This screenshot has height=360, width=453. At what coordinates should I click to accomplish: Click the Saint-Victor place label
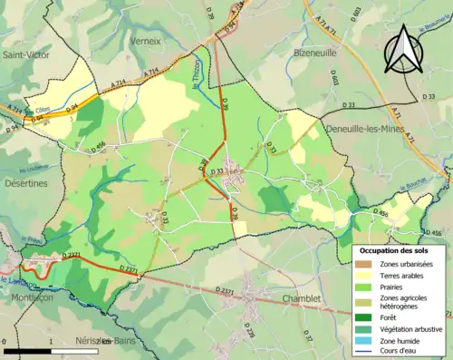tap(26, 54)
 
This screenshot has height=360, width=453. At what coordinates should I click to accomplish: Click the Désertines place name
tap(24, 182)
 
